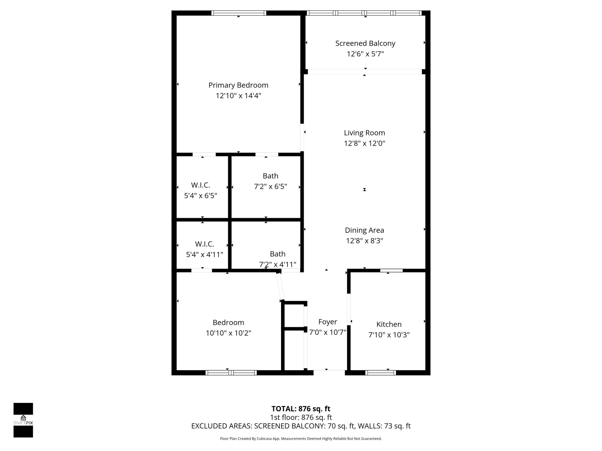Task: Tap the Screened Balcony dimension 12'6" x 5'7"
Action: point(365,54)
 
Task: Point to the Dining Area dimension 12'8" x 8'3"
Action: point(364,241)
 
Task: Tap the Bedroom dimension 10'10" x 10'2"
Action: point(228,333)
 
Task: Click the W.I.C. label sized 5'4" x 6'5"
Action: point(201,185)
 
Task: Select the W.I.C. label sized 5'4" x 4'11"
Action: point(204,244)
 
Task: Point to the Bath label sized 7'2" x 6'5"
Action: point(270,176)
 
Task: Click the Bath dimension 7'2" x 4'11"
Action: point(277,264)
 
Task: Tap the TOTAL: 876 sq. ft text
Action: point(301,409)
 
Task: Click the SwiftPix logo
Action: point(23,420)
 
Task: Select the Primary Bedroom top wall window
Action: point(239,13)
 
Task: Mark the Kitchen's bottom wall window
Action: point(380,373)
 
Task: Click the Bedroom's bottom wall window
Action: point(231,373)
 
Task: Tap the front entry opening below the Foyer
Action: point(329,372)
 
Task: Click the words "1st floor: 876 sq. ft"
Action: point(301,417)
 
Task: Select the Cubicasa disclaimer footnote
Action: point(301,438)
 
